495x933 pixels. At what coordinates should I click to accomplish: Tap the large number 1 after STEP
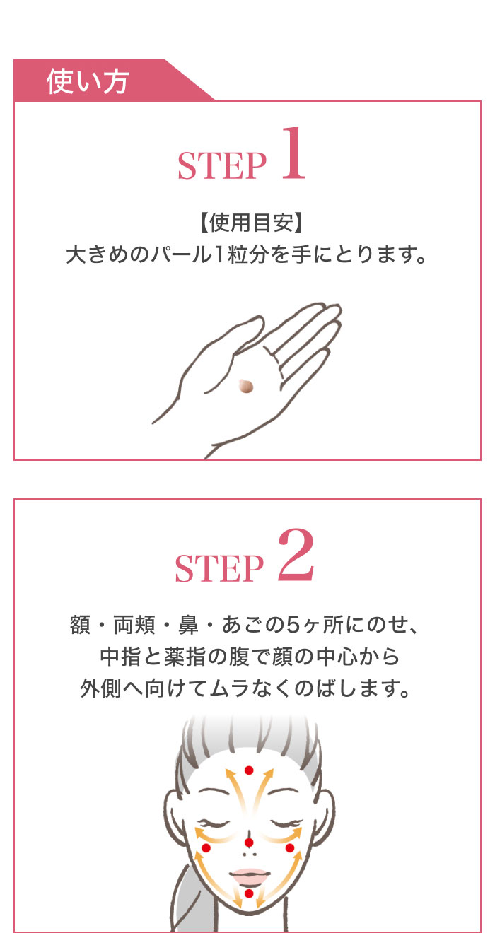click(293, 155)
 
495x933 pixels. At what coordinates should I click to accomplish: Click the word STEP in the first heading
click(221, 166)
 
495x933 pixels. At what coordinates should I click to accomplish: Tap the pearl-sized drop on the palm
click(246, 387)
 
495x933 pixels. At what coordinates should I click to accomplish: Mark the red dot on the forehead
click(248, 770)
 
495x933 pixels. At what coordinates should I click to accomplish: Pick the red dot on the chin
click(248, 893)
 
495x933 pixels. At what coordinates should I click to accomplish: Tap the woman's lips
click(248, 875)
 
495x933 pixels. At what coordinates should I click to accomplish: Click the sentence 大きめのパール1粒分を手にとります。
click(247, 254)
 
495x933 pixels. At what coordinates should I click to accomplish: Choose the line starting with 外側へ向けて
click(247, 688)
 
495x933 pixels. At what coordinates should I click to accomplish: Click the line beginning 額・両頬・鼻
click(247, 626)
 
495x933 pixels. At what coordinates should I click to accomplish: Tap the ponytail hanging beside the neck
click(182, 908)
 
